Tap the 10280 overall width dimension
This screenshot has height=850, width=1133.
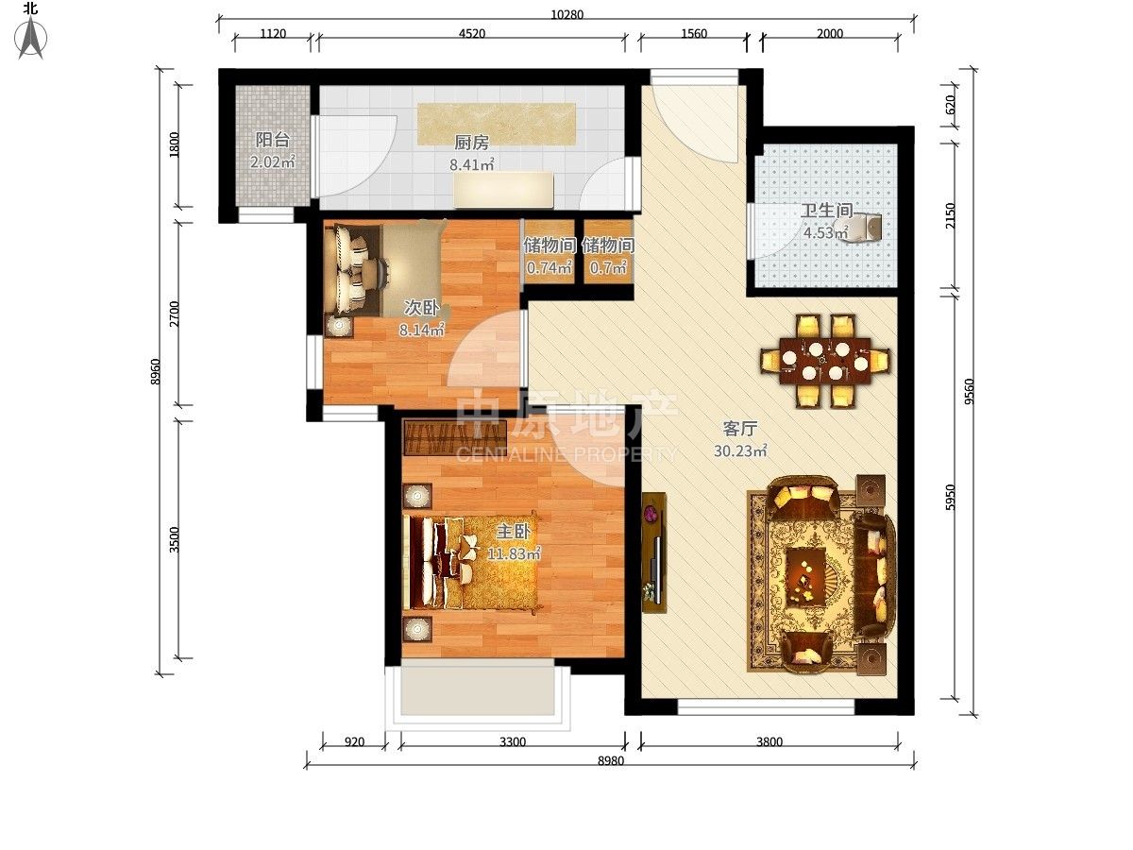(566, 14)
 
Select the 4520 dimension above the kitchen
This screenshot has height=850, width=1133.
(472, 34)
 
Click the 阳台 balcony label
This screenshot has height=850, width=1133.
(273, 140)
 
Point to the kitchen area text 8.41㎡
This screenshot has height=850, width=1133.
(472, 164)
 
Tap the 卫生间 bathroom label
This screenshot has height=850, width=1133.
(826, 211)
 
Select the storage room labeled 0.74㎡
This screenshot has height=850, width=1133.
(550, 252)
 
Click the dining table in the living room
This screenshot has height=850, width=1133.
(824, 361)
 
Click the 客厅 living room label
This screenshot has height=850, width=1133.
(739, 429)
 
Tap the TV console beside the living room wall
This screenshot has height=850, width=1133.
(653, 552)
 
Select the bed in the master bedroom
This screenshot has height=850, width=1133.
(471, 562)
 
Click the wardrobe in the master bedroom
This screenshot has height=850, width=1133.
(455, 437)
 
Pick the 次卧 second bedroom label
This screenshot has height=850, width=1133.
(421, 308)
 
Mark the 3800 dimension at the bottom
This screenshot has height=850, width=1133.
(769, 742)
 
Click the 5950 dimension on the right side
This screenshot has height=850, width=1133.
(950, 498)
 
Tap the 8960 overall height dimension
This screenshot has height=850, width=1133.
(156, 371)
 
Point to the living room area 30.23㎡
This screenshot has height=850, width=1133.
(740, 451)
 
